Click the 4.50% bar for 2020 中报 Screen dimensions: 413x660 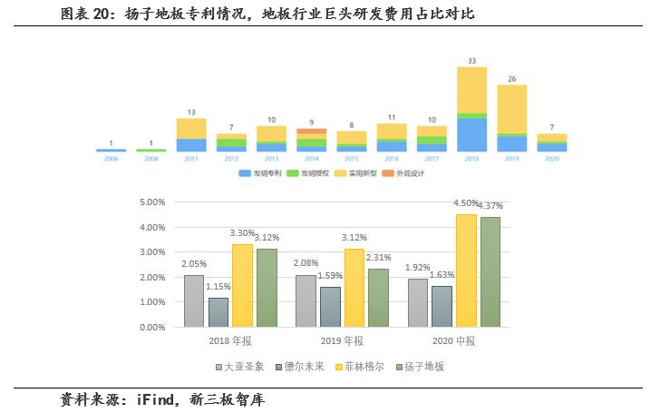click(x=466, y=270)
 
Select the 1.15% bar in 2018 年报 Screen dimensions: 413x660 click(x=218, y=312)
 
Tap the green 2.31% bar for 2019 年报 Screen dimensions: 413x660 click(x=378, y=298)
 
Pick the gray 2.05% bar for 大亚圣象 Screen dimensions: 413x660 click(x=194, y=301)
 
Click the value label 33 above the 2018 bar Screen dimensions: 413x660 click(x=471, y=61)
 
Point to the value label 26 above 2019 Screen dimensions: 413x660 click(x=511, y=79)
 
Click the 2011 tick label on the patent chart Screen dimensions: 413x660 click(x=190, y=158)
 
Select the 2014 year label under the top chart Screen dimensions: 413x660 click(x=311, y=158)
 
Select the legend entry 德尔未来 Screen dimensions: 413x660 click(x=302, y=367)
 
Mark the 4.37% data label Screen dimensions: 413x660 click(x=490, y=206)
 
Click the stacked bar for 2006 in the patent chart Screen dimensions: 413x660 click(x=111, y=150)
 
